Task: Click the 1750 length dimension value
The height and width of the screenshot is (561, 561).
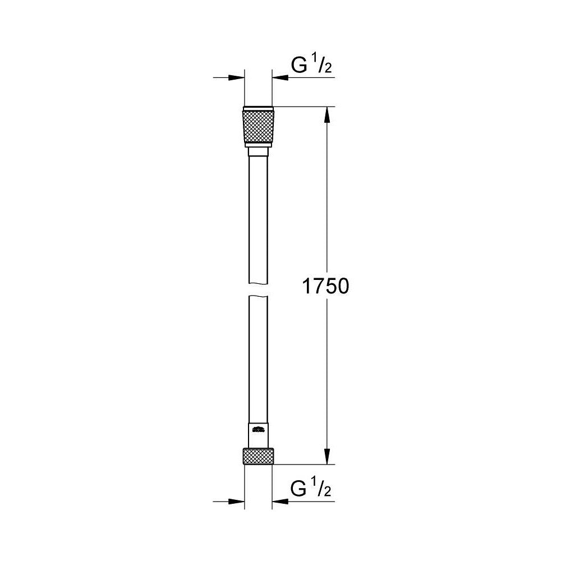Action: [x=326, y=287]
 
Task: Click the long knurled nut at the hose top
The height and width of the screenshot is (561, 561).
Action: [x=258, y=127]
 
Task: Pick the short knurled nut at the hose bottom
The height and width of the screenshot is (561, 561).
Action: [x=258, y=456]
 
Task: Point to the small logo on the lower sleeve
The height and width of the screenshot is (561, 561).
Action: [x=259, y=431]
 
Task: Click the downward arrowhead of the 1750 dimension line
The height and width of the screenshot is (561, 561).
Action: [x=328, y=457]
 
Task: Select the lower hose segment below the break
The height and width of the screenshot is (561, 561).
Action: [x=258, y=359]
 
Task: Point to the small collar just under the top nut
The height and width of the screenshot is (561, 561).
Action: [x=258, y=152]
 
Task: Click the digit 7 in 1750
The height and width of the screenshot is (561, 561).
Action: [x=316, y=287]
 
